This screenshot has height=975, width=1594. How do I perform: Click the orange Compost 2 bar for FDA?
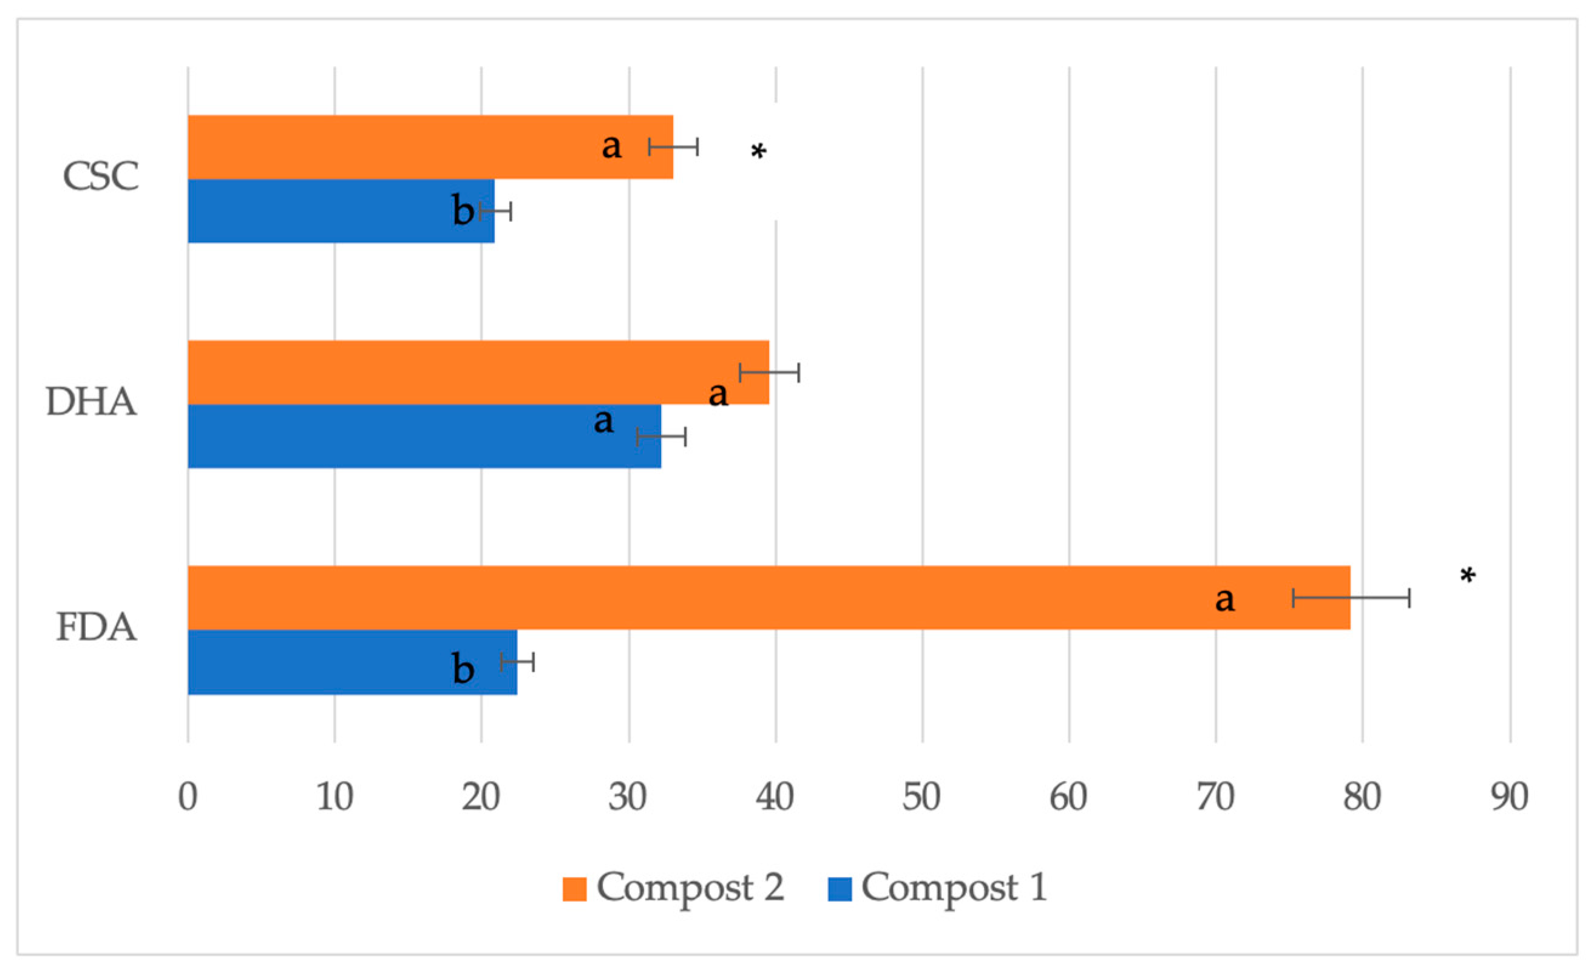[x=711, y=598]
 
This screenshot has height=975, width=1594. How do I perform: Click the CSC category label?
[x=100, y=176]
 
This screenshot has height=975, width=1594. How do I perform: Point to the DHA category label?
[x=91, y=402]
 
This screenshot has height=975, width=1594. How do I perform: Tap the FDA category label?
[x=97, y=627]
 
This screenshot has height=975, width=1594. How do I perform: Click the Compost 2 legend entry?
[x=673, y=887]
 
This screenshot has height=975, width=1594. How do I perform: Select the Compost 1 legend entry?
[x=937, y=887]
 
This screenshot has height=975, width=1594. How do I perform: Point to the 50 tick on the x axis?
[x=922, y=797]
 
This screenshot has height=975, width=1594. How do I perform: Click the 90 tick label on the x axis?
[x=1509, y=797]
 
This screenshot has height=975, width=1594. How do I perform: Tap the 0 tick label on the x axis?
[x=188, y=797]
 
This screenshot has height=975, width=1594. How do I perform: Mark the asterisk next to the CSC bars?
[x=758, y=152]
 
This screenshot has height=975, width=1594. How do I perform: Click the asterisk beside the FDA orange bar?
[x=1468, y=575]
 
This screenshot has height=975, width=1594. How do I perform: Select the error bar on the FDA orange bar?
[x=1351, y=598]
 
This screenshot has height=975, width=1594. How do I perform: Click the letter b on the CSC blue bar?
[x=463, y=211]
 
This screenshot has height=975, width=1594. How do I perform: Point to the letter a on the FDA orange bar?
[x=1224, y=599]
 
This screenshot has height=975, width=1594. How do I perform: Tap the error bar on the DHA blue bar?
[x=661, y=437]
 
